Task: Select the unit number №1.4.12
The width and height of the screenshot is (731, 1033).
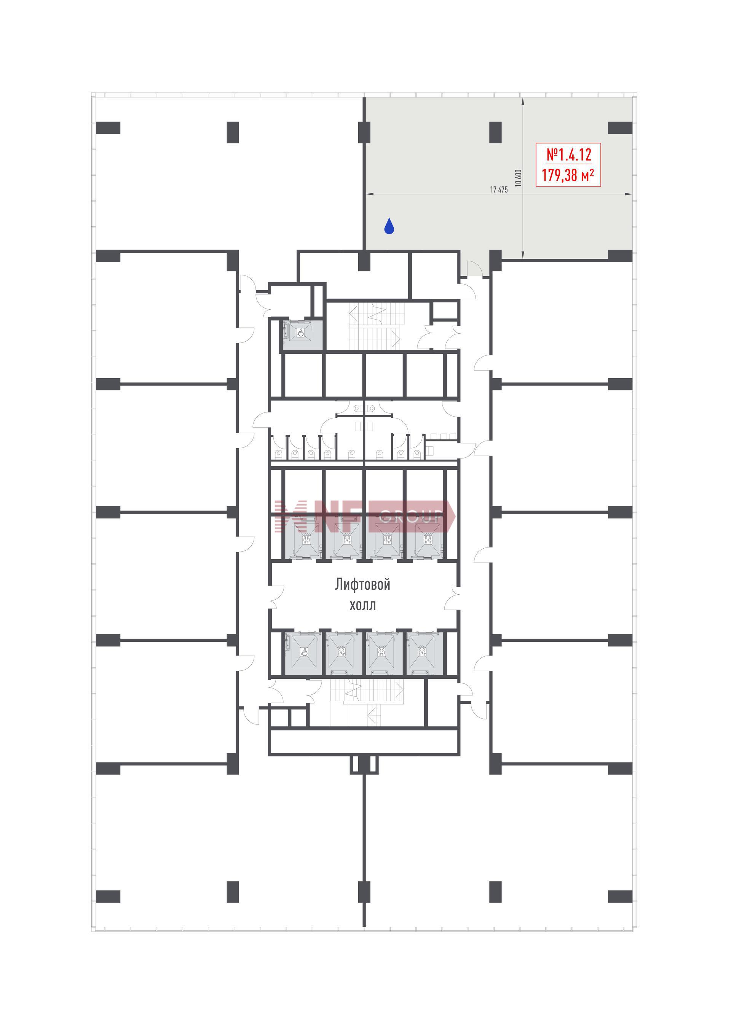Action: (x=568, y=155)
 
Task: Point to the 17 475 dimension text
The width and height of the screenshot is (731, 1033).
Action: (x=499, y=189)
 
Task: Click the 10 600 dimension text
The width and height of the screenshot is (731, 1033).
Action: (x=518, y=178)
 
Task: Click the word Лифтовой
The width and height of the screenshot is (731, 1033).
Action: (x=362, y=584)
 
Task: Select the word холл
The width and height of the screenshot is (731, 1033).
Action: (x=362, y=605)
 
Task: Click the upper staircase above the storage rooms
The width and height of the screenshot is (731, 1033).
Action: (x=375, y=326)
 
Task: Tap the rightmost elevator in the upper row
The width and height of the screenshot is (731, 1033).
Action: (x=425, y=539)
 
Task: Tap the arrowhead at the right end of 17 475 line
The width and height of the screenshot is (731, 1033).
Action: (x=629, y=194)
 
